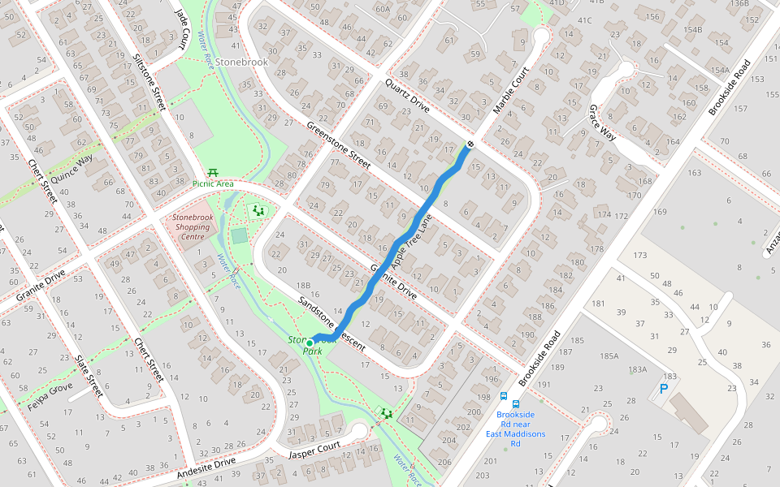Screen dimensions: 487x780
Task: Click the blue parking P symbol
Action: [663, 390]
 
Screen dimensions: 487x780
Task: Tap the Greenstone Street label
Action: [338, 145]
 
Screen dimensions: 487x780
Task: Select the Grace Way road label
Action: [602, 123]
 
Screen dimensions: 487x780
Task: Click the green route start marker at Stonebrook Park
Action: [310, 343]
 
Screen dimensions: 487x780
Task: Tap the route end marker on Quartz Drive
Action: [470, 144]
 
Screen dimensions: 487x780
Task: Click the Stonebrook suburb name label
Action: [241, 62]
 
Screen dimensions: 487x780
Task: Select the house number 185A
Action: [609, 356]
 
